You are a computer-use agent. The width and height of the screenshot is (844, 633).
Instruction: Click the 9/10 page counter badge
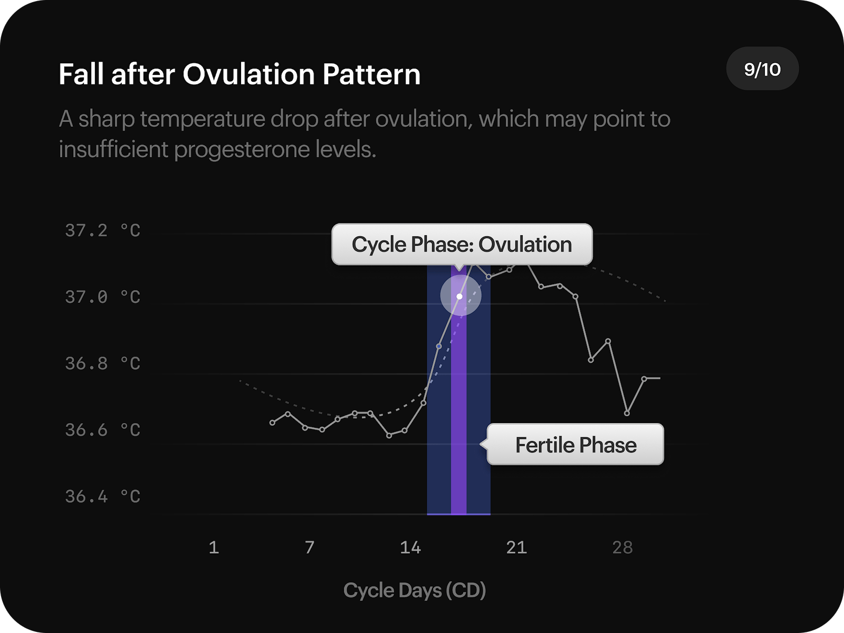click(x=762, y=69)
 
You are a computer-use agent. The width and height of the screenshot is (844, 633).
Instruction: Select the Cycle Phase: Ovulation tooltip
click(x=462, y=244)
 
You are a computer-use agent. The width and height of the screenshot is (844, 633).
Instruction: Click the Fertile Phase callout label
click(x=576, y=445)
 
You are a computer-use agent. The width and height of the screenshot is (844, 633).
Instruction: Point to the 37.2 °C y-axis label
click(x=102, y=231)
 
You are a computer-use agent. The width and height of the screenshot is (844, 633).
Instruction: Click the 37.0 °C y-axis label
click(x=102, y=297)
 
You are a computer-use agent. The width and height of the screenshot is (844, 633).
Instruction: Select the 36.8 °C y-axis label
click(x=102, y=363)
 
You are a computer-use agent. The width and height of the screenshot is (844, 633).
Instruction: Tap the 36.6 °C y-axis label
click(x=102, y=430)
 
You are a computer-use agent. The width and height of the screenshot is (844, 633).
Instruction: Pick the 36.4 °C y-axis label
click(x=102, y=496)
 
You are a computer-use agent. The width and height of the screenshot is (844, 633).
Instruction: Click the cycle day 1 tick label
click(x=214, y=548)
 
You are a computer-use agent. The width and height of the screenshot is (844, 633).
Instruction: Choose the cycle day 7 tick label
click(x=310, y=548)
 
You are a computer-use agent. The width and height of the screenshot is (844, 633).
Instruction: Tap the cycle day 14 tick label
click(x=410, y=548)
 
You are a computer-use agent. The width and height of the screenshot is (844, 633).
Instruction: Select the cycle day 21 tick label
click(x=516, y=548)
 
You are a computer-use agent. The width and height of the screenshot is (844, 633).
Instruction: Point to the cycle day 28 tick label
click(x=622, y=548)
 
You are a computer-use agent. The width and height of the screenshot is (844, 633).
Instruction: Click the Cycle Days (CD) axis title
click(x=414, y=590)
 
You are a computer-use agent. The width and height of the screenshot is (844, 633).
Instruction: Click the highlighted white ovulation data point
click(x=459, y=296)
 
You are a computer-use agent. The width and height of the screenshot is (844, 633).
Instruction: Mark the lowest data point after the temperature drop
click(x=627, y=413)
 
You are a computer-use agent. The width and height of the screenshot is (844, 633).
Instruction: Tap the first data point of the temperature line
click(x=272, y=423)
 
